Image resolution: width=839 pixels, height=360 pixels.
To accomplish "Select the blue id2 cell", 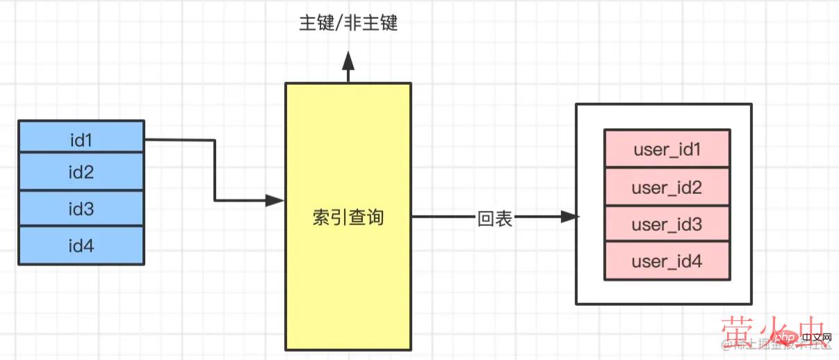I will click(x=81, y=172).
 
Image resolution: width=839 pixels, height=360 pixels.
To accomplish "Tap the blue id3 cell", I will click(x=81, y=208).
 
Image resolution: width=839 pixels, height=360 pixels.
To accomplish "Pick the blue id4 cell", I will click(x=81, y=245).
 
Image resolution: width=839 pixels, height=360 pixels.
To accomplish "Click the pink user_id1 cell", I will click(x=667, y=149).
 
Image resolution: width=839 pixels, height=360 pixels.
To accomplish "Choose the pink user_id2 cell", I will click(x=667, y=187).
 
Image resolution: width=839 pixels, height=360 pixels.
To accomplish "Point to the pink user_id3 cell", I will click(x=667, y=224).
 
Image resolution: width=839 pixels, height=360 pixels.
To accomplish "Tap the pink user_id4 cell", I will click(x=667, y=261).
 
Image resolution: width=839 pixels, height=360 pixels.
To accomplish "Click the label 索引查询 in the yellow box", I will click(x=348, y=218).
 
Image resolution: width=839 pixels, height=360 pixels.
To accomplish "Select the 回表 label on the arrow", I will click(x=495, y=219).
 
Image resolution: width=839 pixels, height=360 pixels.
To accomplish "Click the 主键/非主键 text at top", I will click(x=348, y=24).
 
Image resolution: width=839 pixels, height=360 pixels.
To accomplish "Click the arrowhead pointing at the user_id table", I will click(x=569, y=218).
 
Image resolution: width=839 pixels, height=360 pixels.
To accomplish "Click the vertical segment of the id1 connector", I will click(x=215, y=170).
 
